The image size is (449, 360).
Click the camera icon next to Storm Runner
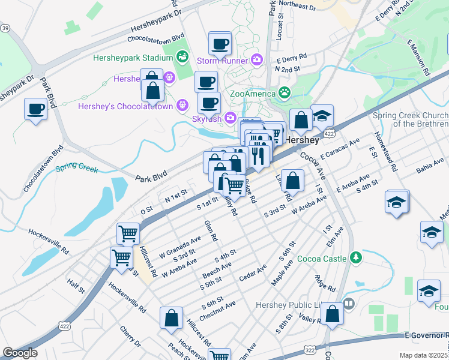tap(257, 59)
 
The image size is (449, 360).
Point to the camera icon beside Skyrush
tap(229, 118)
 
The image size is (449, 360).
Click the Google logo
tap(20, 353)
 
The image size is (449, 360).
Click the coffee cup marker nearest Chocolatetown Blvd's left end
tap(35, 109)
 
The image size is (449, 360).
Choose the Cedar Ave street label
tap(253, 272)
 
